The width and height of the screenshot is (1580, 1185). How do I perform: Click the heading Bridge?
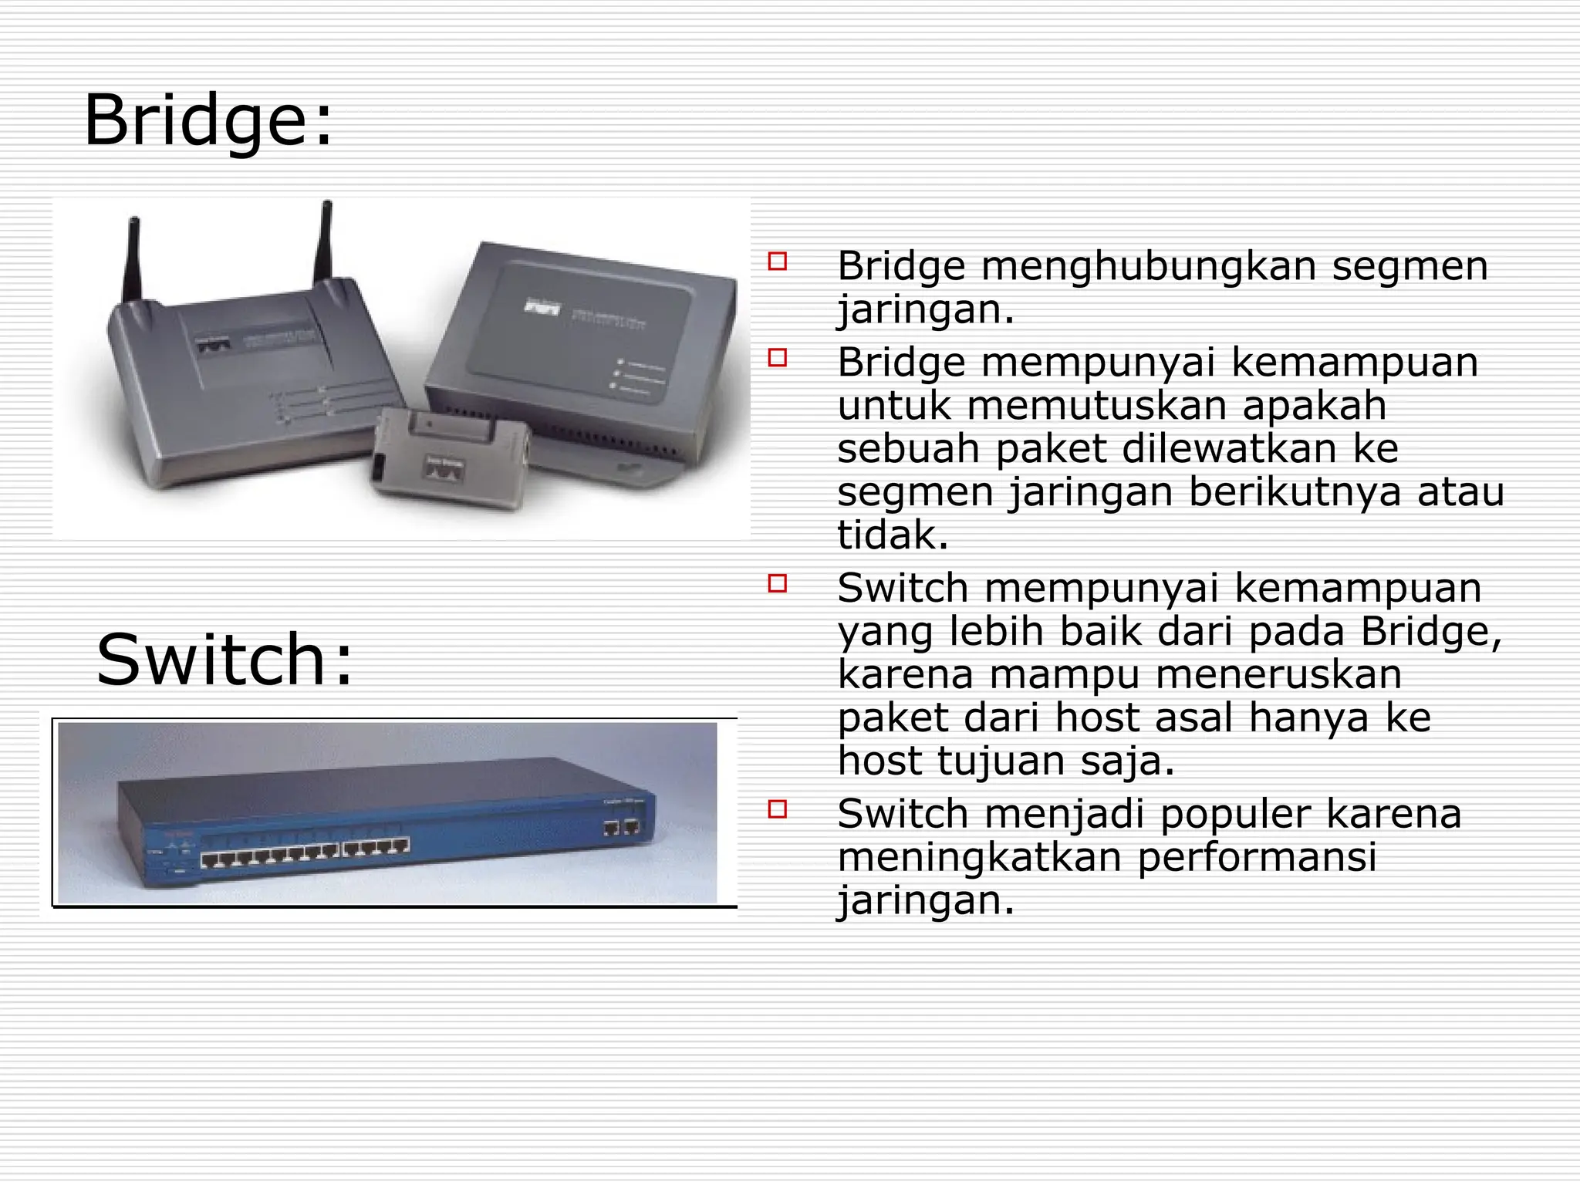pyautogui.click(x=208, y=120)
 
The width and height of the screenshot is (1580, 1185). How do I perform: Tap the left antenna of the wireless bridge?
pyautogui.click(x=133, y=262)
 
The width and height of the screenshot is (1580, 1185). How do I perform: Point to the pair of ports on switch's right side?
pyautogui.click(x=621, y=829)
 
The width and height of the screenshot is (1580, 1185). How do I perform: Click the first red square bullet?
pyautogui.click(x=778, y=261)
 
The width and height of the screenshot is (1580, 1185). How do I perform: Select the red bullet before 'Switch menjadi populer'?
pyautogui.click(x=778, y=809)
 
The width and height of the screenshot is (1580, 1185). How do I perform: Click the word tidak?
pyautogui.click(x=892, y=535)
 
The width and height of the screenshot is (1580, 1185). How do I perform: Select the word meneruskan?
pyautogui.click(x=1278, y=674)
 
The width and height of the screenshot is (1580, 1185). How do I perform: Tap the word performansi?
pyautogui.click(x=1257, y=858)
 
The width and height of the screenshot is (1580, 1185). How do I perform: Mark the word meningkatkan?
pyautogui.click(x=979, y=858)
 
